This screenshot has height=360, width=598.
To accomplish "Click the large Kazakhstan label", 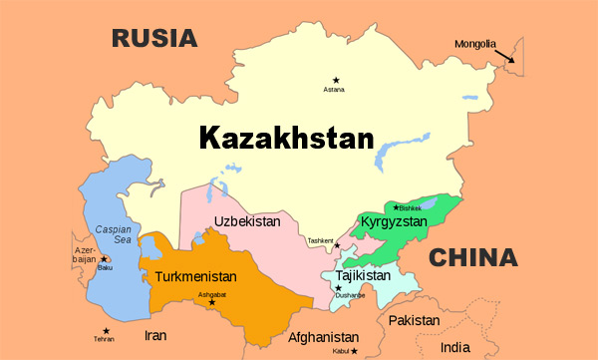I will (285, 138).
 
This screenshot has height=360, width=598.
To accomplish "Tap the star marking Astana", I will (336, 80).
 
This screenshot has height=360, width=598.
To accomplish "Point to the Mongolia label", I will (473, 44).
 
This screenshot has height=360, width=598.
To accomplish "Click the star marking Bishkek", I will (396, 207).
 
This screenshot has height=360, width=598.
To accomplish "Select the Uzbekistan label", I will (248, 221).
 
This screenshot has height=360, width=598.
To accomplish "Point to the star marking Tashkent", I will (337, 245).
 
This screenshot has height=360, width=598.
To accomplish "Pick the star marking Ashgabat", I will (211, 302).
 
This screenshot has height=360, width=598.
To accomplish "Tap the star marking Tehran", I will (105, 331).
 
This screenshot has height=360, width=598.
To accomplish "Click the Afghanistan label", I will (322, 337).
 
